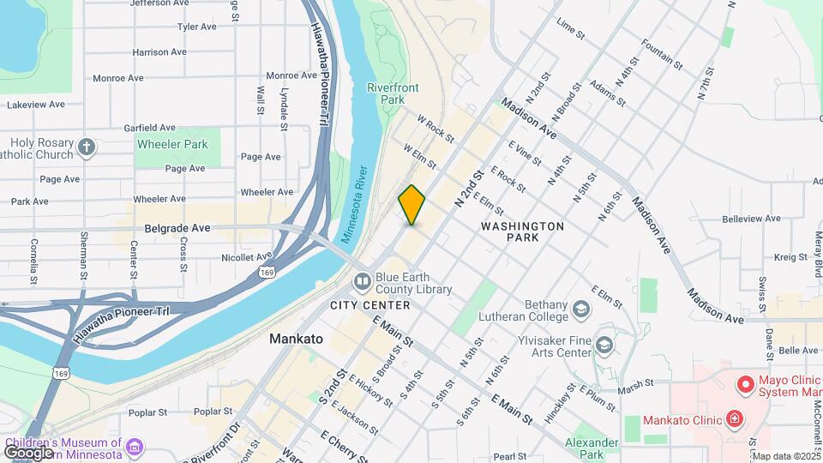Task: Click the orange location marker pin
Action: point(411,205)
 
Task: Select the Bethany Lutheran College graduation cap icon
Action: point(582,309)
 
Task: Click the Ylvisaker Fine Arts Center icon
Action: point(604,345)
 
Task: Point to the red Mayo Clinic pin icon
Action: point(745,383)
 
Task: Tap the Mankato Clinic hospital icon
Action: point(734,419)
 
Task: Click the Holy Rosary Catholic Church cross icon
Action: point(86,147)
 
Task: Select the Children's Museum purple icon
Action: point(134,447)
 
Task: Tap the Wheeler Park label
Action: point(171,144)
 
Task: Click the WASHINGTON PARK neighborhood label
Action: point(522,231)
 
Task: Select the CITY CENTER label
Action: point(369,305)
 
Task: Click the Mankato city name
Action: point(296,339)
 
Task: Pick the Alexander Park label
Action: point(592,448)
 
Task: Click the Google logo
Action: point(29,452)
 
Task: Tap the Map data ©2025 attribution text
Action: point(786,456)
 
